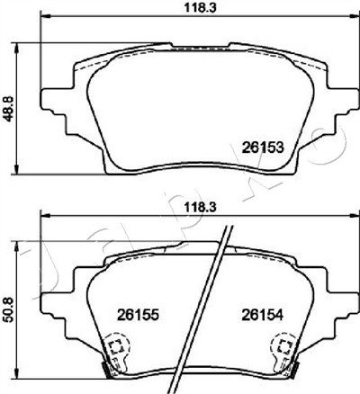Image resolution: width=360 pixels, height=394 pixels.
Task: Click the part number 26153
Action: click(263, 148)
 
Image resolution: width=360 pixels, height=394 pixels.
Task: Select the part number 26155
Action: click(138, 315)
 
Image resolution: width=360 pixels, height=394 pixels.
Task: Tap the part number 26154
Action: click(263, 315)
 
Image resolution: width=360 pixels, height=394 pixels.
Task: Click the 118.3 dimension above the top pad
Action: click(200, 8)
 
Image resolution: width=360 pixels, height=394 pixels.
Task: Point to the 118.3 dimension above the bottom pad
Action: click(200, 207)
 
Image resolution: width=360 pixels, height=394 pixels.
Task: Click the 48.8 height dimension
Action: click(9, 108)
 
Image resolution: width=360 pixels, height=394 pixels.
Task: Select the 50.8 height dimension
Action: click(9, 309)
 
